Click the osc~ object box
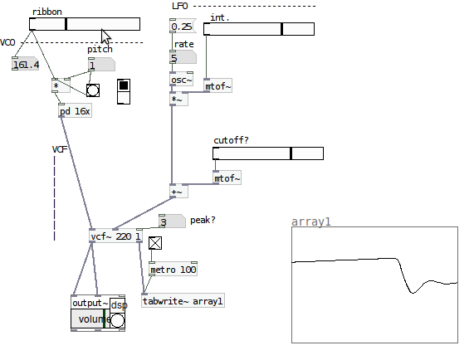(x=181, y=80)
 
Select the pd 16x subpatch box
(x=75, y=111)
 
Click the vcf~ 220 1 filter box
(x=115, y=236)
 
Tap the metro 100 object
(x=173, y=269)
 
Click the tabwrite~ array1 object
(x=183, y=301)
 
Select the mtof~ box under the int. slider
(x=218, y=86)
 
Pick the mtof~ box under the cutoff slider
(x=227, y=178)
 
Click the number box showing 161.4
(x=26, y=64)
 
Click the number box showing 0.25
(x=183, y=27)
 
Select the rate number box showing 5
(x=183, y=57)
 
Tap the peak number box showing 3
(x=172, y=221)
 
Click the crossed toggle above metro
(x=155, y=243)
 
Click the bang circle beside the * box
(x=93, y=90)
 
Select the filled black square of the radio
(x=124, y=85)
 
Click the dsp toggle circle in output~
(x=117, y=320)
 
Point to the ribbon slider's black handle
(x=66, y=24)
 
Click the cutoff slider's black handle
(x=291, y=153)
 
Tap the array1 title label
(x=311, y=221)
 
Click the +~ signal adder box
(x=178, y=191)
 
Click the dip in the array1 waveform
(x=413, y=292)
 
